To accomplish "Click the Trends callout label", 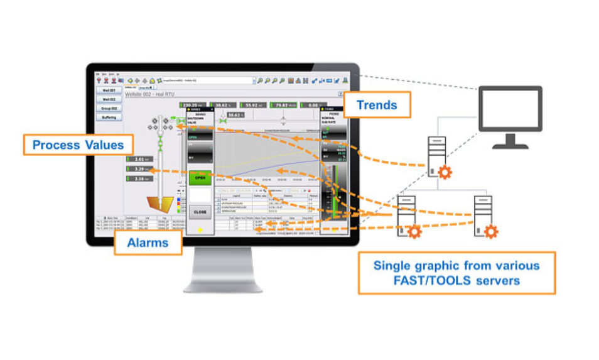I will (377, 105).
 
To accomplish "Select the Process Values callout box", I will (78, 145).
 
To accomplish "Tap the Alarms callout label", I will (148, 242).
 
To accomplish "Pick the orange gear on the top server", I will (445, 172).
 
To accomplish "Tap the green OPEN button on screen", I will (200, 177).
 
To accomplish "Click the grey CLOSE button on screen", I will (200, 212).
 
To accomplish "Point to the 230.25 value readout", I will (192, 106).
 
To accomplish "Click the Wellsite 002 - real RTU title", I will (151, 94).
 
